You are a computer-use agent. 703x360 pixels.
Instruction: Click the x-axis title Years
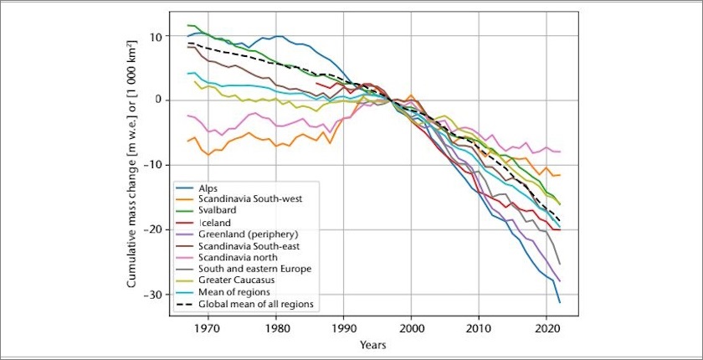[x=372, y=344]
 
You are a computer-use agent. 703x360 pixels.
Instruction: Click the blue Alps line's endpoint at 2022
[x=559, y=301]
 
